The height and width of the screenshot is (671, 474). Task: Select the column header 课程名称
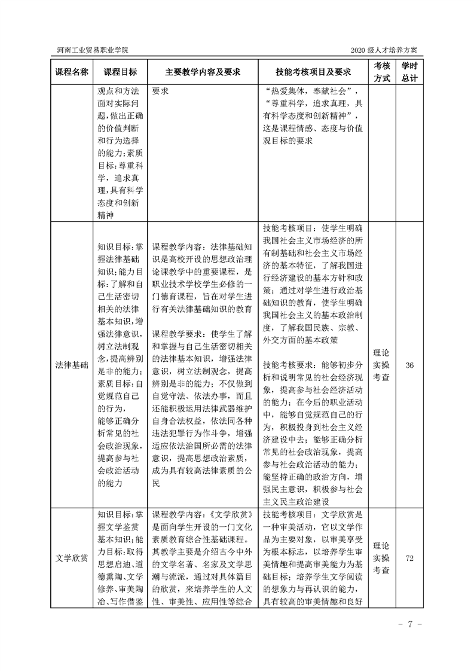72,72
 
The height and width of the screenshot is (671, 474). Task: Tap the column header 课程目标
120,72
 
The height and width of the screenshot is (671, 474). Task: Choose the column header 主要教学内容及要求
203,72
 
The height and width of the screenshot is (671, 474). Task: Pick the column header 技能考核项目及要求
313,72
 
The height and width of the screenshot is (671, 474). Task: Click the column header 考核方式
382,72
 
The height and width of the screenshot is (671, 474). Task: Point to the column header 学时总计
409,72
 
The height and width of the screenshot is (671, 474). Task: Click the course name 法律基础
72,365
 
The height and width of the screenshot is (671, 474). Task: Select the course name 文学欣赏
72,558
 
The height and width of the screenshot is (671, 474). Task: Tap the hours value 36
409,365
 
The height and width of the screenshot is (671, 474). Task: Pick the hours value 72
409,558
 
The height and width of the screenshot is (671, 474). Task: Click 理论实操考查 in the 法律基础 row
382,365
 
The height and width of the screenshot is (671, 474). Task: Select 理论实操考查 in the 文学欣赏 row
382,558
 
